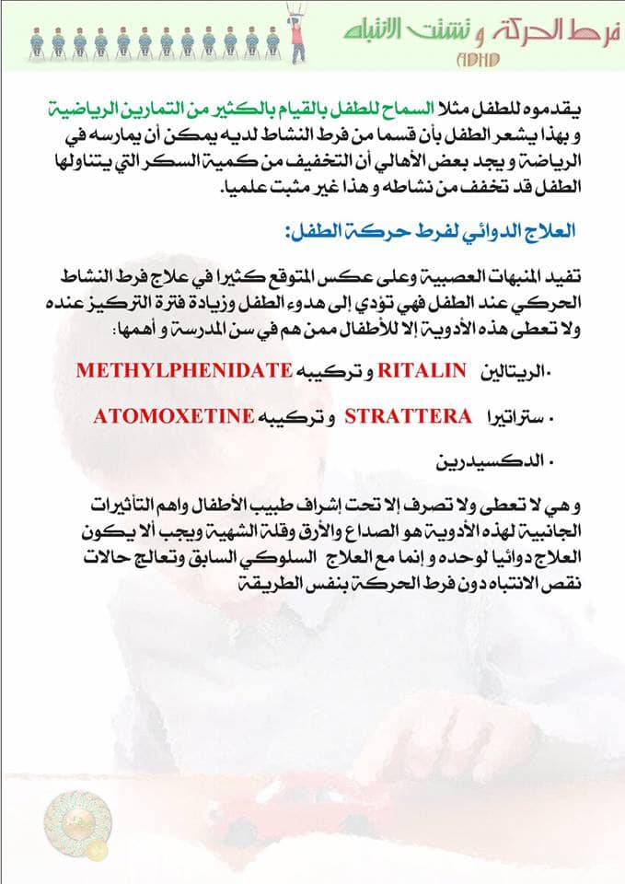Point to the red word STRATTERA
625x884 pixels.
(408, 415)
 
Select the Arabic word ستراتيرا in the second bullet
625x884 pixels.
(512, 415)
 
